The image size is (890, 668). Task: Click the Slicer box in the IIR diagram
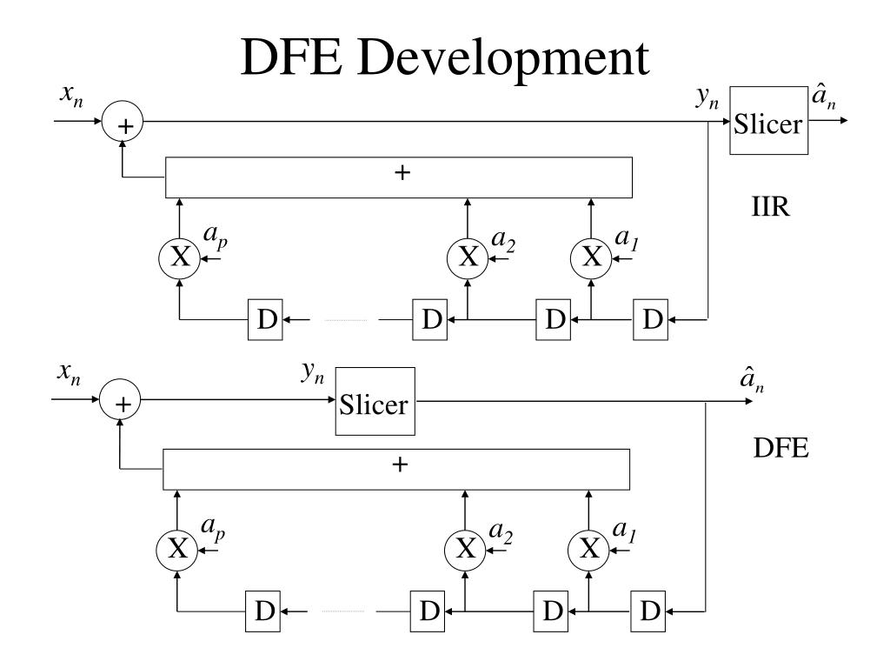click(768, 121)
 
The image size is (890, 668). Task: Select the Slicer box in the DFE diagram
click(375, 402)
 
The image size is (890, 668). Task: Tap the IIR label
click(770, 209)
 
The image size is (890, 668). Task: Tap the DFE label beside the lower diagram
click(780, 449)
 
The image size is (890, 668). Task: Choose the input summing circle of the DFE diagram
click(121, 403)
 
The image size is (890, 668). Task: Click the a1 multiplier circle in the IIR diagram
click(591, 257)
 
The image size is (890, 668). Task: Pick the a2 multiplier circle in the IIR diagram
click(468, 257)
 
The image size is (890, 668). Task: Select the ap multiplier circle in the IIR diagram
click(179, 257)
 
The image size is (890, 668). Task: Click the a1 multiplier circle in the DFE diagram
click(588, 548)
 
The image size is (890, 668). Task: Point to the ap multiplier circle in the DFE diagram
click(176, 548)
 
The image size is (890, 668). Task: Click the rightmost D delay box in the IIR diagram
click(650, 319)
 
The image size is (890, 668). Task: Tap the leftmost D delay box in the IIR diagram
click(267, 319)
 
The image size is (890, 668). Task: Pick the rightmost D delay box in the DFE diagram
click(648, 611)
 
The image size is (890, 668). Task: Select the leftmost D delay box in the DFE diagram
click(264, 611)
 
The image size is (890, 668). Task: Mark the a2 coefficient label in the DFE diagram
click(500, 532)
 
